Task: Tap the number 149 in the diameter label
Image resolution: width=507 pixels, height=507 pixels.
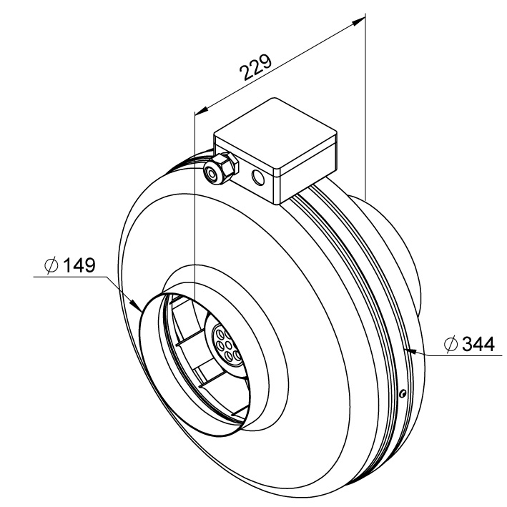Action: coord(79,266)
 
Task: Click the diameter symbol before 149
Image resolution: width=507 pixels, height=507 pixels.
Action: coord(51,266)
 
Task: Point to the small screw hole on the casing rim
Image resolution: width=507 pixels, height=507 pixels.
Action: coord(403,393)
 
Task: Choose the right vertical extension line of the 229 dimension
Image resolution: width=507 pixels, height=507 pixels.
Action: coord(365,107)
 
